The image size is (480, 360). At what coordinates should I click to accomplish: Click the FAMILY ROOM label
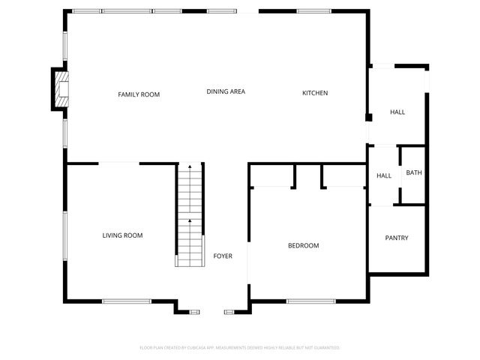pyautogui.click(x=139, y=94)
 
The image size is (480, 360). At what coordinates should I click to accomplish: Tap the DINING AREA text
pyautogui.click(x=226, y=91)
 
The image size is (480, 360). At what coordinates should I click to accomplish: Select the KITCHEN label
pyautogui.click(x=314, y=93)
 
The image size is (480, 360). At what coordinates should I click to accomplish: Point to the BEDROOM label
pyautogui.click(x=304, y=246)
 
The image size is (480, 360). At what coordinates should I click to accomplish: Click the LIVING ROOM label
pyautogui.click(x=122, y=235)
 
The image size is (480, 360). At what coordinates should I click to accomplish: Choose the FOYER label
pyautogui.click(x=223, y=256)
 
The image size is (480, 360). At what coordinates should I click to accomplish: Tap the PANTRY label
pyautogui.click(x=397, y=238)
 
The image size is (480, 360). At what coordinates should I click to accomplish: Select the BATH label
pyautogui.click(x=414, y=173)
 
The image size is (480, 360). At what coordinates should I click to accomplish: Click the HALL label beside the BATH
pyautogui.click(x=384, y=176)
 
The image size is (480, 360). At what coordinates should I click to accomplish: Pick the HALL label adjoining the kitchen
pyautogui.click(x=397, y=112)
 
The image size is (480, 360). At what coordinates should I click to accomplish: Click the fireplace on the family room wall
pyautogui.click(x=58, y=88)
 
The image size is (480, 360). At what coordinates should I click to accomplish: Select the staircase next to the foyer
pyautogui.click(x=189, y=217)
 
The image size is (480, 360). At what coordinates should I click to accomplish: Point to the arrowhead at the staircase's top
pyautogui.click(x=190, y=166)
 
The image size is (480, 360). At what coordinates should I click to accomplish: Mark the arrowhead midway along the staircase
pyautogui.click(x=190, y=220)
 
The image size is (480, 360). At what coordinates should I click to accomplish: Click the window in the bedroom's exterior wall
pyautogui.click(x=310, y=301)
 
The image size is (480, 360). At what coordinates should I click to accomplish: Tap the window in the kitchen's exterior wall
pyautogui.click(x=314, y=11)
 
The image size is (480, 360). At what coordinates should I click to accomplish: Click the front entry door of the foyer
pyautogui.click(x=212, y=310)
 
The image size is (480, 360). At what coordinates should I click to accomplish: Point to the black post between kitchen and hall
pyautogui.click(x=367, y=117)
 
